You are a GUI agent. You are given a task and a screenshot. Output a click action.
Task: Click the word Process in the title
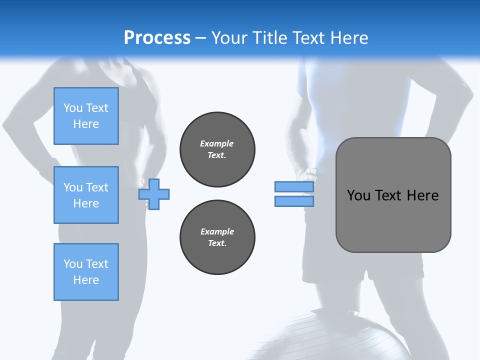(157, 38)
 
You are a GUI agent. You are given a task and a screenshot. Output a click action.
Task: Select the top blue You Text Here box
(86, 116)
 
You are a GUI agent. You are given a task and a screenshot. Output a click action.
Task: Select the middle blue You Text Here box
(86, 195)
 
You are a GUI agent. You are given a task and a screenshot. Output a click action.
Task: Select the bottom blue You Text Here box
(86, 272)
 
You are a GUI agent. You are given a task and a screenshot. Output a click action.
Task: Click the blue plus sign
(154, 194)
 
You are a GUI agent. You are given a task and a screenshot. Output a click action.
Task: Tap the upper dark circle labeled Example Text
(217, 149)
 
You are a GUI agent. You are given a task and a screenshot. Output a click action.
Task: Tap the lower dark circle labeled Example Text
(217, 237)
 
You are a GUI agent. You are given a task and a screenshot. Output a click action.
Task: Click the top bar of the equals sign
(294, 187)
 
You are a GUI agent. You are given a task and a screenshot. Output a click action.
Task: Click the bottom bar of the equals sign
(294, 201)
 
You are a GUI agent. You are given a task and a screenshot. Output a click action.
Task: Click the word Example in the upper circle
(216, 143)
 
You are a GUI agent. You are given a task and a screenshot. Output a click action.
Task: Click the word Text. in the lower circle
(217, 243)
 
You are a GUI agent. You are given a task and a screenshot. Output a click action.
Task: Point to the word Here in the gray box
(422, 195)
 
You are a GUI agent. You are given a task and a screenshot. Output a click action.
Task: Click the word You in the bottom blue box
(73, 264)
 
